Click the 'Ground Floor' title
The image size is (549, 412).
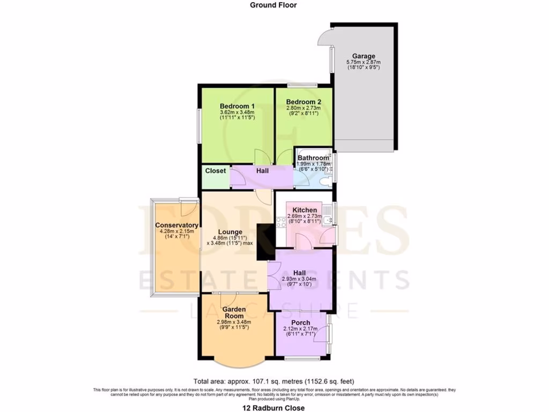(273, 5)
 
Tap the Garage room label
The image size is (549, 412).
(363, 56)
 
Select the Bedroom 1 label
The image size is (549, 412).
(237, 106)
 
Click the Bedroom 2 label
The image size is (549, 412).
(303, 102)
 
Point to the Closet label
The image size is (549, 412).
(215, 171)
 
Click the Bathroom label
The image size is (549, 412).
(314, 158)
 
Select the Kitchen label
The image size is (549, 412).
(305, 210)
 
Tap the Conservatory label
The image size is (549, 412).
(177, 225)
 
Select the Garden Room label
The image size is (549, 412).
(234, 313)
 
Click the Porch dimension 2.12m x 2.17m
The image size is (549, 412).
(302, 329)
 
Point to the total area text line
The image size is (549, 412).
(273, 381)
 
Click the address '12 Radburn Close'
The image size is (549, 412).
(273, 408)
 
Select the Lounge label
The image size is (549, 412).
(229, 232)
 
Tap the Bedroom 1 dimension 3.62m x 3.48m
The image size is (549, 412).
(237, 112)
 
